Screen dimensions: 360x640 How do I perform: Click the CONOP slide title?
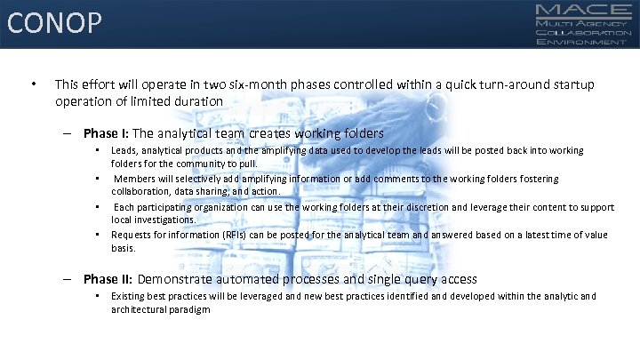(54, 22)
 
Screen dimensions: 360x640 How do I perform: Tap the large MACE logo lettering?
(583, 10)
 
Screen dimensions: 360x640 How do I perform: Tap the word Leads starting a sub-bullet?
(123, 151)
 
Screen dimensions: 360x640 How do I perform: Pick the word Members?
(134, 179)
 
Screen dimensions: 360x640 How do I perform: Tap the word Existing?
(128, 296)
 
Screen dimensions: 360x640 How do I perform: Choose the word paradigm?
(189, 309)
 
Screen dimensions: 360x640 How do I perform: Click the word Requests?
(131, 235)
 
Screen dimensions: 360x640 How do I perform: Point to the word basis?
(122, 248)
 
